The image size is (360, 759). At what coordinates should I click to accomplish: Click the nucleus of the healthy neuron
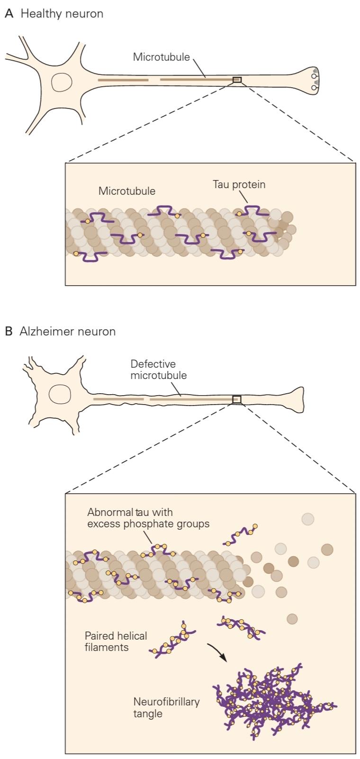(61, 82)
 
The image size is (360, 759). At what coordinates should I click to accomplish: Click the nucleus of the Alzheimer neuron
(60, 394)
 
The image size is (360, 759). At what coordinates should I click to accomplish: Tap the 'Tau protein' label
(239, 184)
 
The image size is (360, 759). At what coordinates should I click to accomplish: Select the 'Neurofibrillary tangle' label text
(166, 707)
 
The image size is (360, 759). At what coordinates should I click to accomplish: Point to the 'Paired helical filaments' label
(116, 642)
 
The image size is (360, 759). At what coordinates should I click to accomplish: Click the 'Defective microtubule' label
(159, 370)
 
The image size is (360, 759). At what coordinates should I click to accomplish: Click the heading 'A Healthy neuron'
(54, 14)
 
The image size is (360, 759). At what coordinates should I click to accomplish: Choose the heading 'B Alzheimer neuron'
(60, 331)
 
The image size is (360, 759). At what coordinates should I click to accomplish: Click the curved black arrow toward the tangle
(217, 652)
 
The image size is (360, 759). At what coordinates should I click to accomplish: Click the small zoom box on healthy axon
(237, 80)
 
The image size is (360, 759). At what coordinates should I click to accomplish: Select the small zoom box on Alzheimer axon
(237, 399)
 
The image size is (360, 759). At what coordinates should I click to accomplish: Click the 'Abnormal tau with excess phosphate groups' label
(148, 518)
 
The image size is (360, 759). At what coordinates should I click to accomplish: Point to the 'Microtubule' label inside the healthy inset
(126, 191)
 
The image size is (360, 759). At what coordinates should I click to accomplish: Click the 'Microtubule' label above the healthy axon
(161, 57)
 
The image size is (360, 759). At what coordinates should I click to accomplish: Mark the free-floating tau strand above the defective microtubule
(240, 535)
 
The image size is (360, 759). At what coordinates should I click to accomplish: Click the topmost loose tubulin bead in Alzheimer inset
(308, 519)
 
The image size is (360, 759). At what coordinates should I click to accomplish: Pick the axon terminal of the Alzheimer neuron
(295, 400)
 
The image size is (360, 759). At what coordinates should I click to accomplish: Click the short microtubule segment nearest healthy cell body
(123, 80)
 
